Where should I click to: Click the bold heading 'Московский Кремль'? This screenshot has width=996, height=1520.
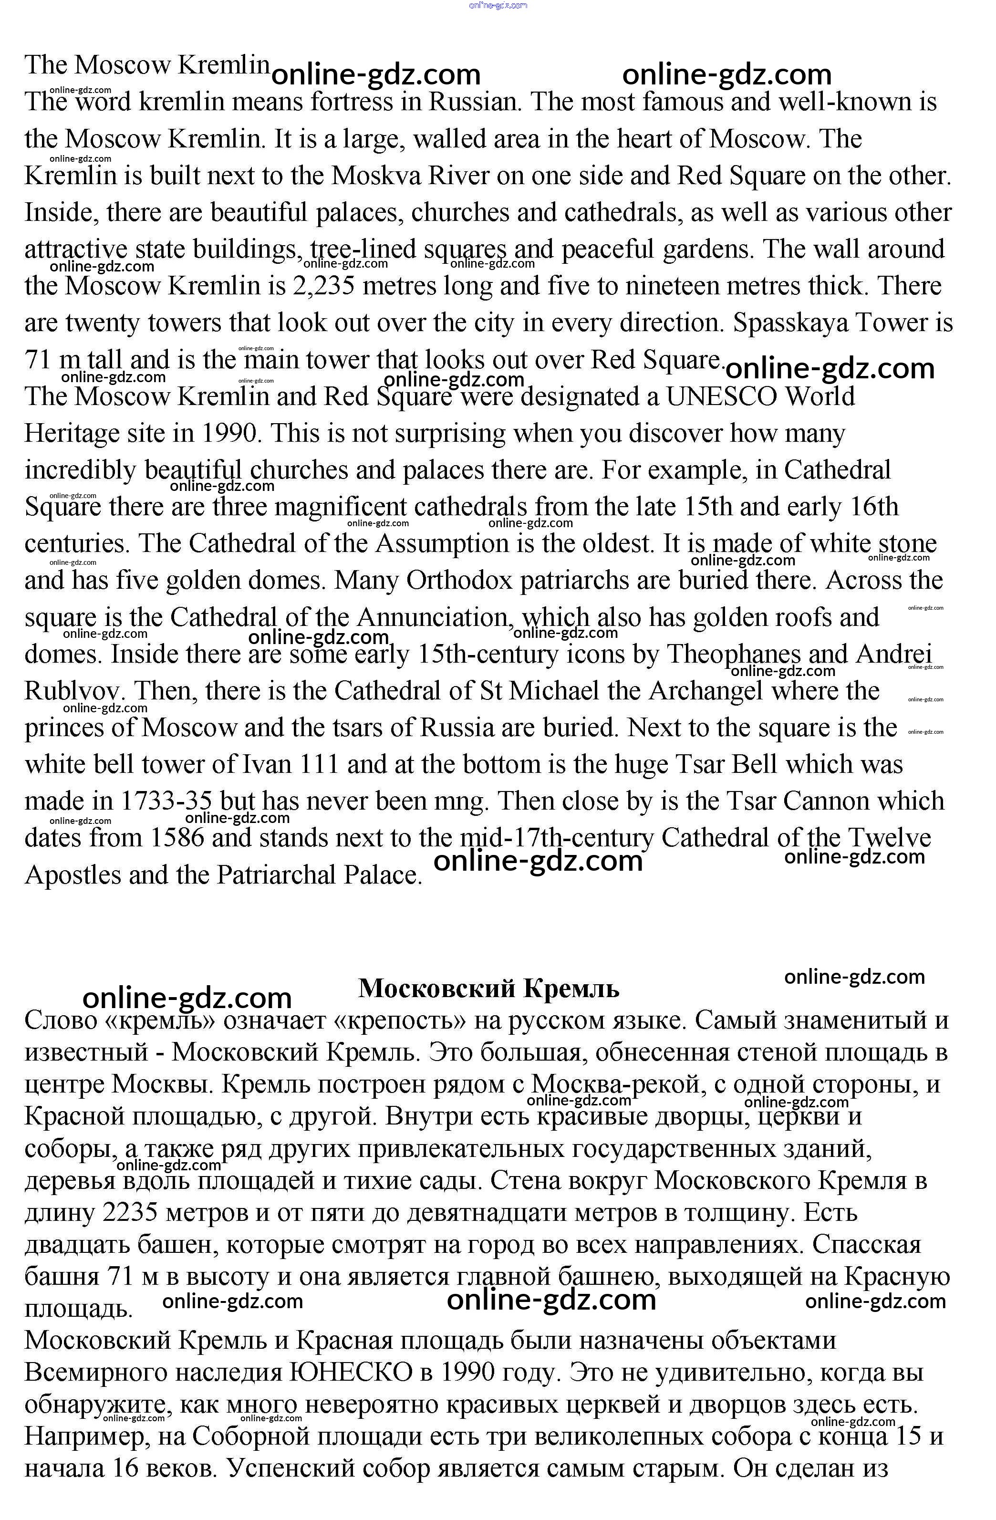(488, 988)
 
